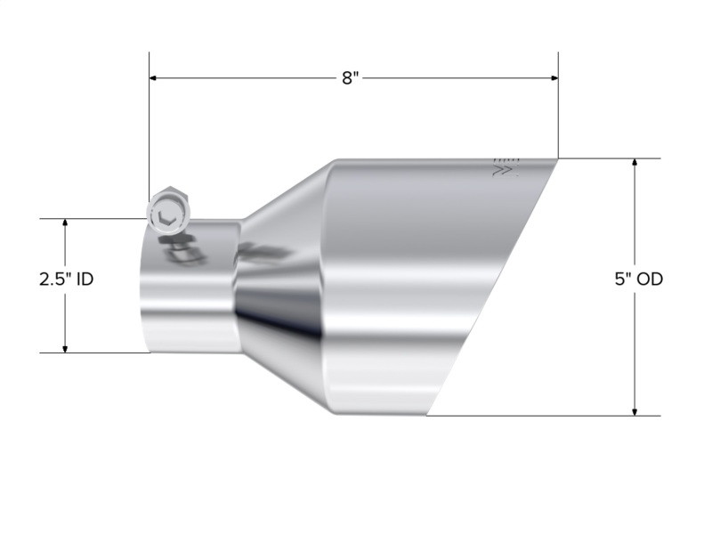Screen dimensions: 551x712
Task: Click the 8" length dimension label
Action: coord(350,78)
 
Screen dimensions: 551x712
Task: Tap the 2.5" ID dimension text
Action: coord(66,279)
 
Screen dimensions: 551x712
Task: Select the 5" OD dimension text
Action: coord(637,279)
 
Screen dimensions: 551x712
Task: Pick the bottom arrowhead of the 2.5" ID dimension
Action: coord(65,347)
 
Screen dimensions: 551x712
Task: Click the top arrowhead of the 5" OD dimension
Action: coord(635,165)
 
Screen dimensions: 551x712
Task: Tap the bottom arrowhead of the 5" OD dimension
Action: coord(635,409)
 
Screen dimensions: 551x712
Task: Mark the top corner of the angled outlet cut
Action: coord(557,160)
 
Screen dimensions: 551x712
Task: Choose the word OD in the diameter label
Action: coord(650,279)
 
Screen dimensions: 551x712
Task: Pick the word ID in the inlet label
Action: coord(85,279)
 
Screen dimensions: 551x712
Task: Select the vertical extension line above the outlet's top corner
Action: coord(558,107)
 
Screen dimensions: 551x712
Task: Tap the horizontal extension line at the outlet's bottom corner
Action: coord(534,415)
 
